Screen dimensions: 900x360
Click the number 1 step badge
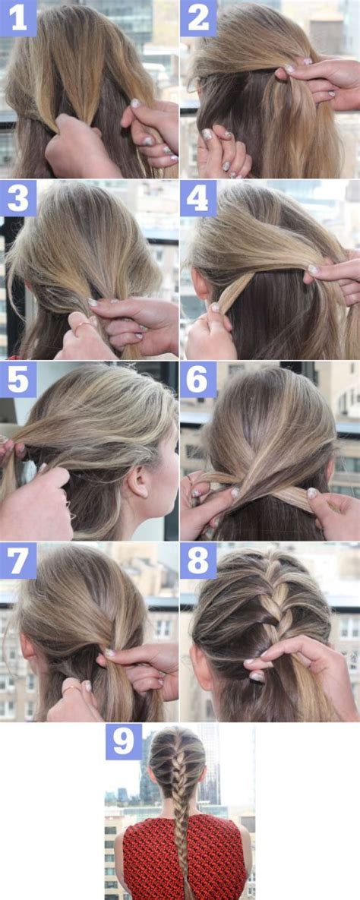point(18,18)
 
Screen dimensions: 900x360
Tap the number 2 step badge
point(198,18)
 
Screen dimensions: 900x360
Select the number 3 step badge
point(18,198)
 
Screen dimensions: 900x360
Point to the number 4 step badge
point(198,198)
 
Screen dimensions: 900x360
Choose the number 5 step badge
point(18,379)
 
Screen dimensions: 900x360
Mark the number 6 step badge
point(198,379)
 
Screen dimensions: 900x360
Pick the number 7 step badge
point(18,561)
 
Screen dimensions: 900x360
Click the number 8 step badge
point(198,561)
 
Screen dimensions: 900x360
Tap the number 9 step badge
point(124,741)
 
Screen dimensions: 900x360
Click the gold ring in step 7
point(70,690)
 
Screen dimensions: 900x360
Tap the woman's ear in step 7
point(29,652)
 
